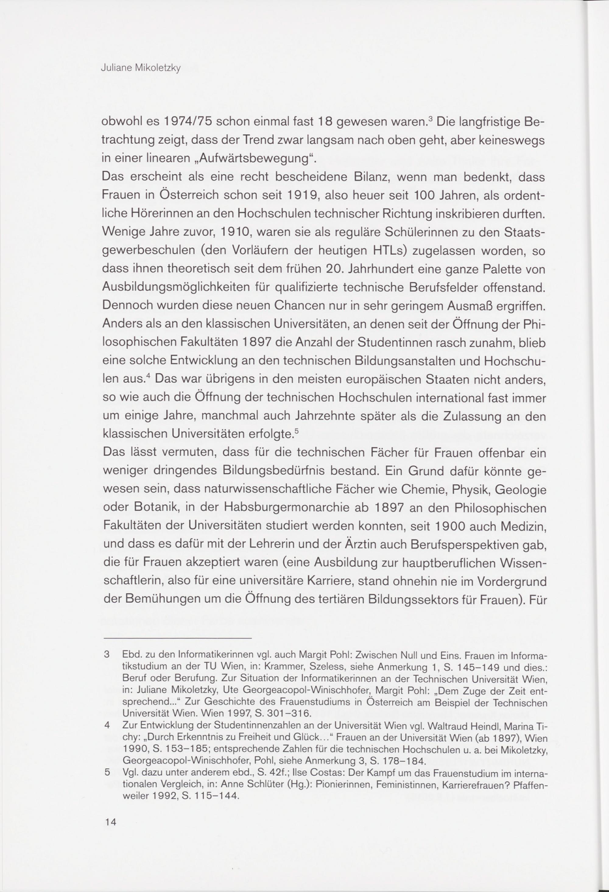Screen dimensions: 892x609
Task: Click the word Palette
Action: tap(490, 270)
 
